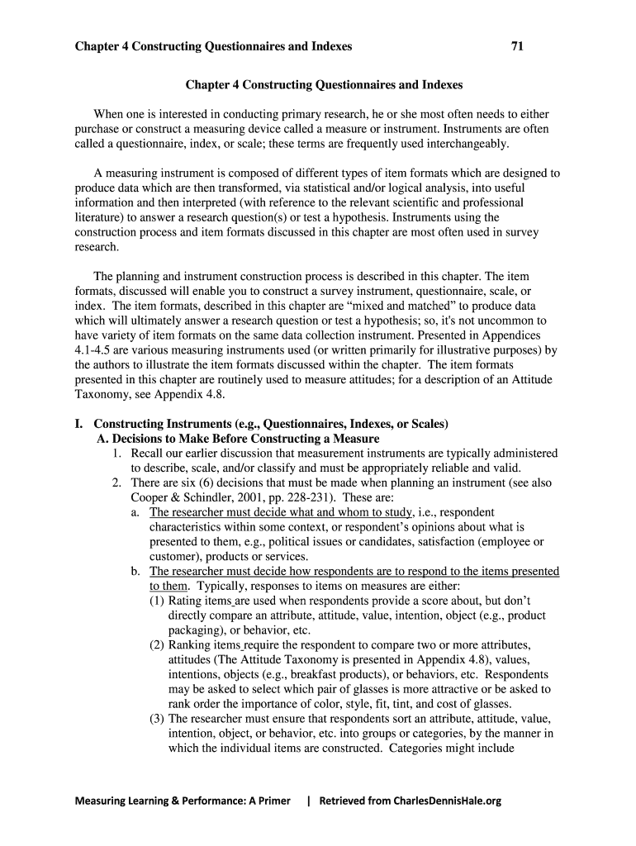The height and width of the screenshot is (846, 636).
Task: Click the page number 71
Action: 518,46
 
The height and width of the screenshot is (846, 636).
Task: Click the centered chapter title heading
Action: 324,84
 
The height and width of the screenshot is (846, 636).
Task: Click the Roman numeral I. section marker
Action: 79,424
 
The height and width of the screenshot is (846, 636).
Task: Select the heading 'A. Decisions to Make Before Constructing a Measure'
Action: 238,438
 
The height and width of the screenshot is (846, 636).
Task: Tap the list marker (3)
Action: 157,719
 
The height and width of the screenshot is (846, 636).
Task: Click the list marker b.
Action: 135,572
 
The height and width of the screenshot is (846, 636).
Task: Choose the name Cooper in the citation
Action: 152,497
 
